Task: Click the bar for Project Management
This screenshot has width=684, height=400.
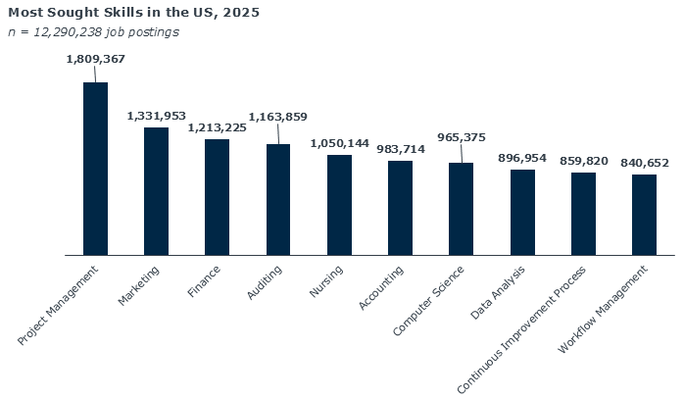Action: (x=95, y=169)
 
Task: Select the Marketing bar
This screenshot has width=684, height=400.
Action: (x=156, y=191)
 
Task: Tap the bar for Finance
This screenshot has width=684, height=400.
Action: (x=217, y=197)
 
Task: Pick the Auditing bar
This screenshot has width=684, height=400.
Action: (x=278, y=200)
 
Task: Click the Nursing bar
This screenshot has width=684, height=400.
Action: (x=339, y=205)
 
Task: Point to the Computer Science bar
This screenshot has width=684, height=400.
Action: (x=461, y=209)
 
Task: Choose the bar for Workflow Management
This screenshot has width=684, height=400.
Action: (x=644, y=215)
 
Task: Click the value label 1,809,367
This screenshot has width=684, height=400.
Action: (x=95, y=59)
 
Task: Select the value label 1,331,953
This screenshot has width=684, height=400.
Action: (x=156, y=116)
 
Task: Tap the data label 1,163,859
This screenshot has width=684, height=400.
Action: (x=278, y=117)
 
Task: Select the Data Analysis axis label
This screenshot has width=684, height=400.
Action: (x=498, y=291)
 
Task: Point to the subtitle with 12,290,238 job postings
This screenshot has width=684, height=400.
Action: (x=93, y=32)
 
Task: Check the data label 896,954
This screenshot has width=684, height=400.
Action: (x=522, y=158)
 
